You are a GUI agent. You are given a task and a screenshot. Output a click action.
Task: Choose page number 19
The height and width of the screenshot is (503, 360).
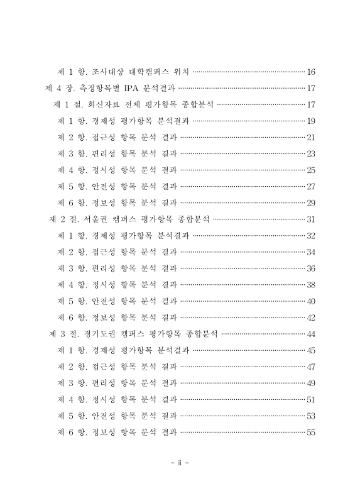coord(310,120)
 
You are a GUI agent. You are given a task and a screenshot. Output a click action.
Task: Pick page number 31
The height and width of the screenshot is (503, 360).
coord(310,219)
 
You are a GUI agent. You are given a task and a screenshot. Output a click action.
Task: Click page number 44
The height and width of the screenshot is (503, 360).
coord(310,334)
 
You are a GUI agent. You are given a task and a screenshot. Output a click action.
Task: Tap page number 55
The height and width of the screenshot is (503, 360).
coord(310,432)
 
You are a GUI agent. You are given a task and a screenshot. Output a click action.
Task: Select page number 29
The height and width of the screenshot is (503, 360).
coord(310,202)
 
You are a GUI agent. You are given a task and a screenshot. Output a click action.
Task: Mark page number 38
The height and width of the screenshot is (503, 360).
coord(310,284)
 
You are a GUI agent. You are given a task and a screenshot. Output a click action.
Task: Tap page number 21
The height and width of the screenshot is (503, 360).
coord(310,136)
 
